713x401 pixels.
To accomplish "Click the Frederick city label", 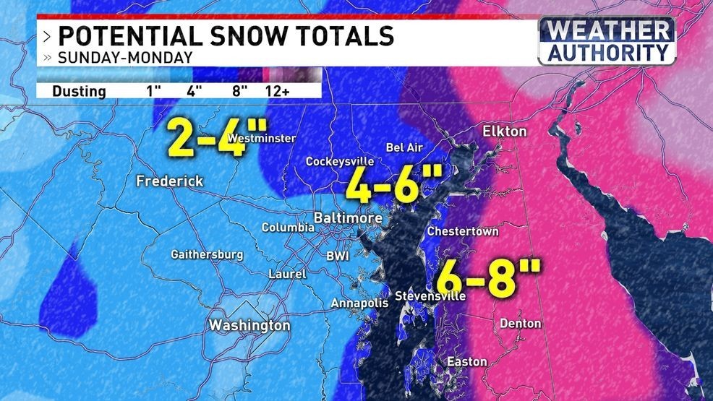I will (x=169, y=181).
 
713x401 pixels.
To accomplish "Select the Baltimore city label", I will (x=347, y=217).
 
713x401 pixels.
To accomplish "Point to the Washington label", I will (x=249, y=325).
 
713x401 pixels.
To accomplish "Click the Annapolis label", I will (x=359, y=303).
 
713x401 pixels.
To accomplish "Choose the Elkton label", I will (x=505, y=131).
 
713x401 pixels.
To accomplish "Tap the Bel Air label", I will (x=404, y=147).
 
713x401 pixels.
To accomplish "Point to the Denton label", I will (x=520, y=323).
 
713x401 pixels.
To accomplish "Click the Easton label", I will (x=466, y=361).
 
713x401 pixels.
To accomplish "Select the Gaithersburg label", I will (x=207, y=254).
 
